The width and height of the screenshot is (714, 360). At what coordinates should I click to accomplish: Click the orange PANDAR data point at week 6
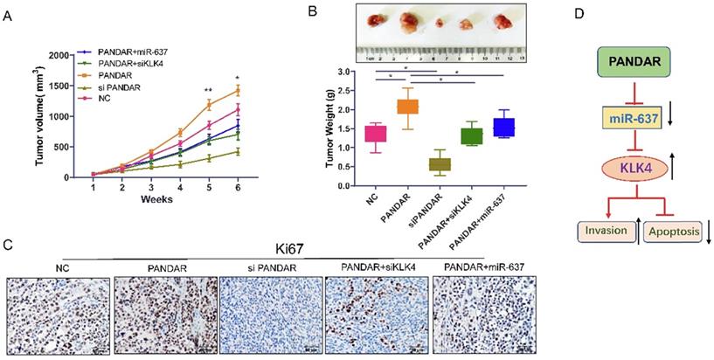237,89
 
